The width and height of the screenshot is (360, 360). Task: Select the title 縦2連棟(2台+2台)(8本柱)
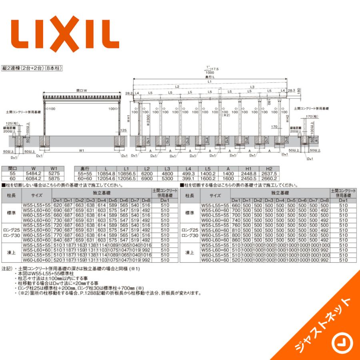click(32, 69)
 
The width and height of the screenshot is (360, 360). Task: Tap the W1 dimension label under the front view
click(81, 151)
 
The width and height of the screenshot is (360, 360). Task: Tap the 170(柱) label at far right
click(310, 116)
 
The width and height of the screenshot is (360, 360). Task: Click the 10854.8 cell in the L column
click(106, 174)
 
